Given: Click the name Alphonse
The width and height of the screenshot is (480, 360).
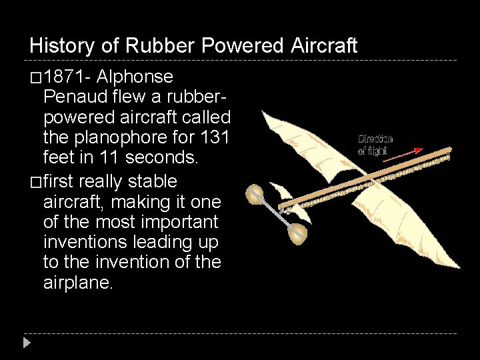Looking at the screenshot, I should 135,77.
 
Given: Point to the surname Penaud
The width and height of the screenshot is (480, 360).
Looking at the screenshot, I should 71,97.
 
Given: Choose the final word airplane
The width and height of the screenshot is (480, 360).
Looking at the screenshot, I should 78,283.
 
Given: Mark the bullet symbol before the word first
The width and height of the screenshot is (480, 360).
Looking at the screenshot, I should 36,182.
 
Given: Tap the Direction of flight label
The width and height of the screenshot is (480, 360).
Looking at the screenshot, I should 375,145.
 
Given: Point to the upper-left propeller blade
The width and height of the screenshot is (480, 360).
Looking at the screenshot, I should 255,195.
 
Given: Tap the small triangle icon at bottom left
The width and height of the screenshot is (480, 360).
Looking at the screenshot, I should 27,343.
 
